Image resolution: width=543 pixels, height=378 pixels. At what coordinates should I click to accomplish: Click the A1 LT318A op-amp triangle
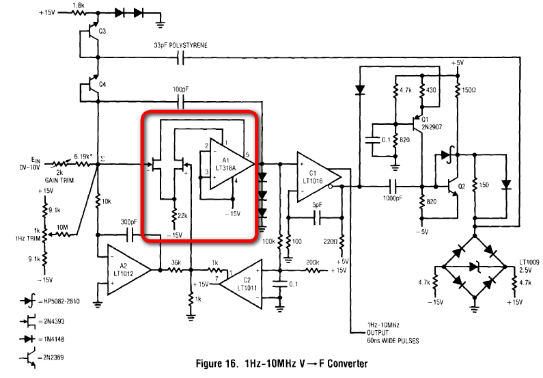[x=229, y=164]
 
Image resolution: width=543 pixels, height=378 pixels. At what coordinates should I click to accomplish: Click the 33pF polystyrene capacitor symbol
[x=180, y=58]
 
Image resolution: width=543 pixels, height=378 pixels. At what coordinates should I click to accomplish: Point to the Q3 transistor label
[x=102, y=31]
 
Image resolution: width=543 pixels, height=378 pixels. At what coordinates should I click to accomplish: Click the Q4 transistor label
[x=102, y=85]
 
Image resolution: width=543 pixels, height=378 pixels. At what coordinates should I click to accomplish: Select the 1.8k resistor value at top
[x=79, y=5]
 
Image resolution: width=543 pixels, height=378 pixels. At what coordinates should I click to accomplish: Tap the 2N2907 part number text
[x=432, y=127]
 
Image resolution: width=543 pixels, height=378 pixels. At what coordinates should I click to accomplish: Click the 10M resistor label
[x=62, y=228]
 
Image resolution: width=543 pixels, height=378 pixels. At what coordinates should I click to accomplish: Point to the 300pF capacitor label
[x=129, y=221]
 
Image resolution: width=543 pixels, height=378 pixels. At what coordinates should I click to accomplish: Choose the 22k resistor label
[x=182, y=215]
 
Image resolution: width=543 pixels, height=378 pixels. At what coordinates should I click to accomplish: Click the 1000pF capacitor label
[x=392, y=198]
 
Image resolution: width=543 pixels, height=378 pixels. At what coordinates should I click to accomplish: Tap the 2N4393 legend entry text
[x=54, y=321]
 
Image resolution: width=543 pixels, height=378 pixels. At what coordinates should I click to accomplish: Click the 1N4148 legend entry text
[x=54, y=339]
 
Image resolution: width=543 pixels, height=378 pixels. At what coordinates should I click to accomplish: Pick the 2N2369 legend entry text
[x=53, y=357]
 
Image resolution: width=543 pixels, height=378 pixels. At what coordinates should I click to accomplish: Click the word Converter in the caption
[x=348, y=364]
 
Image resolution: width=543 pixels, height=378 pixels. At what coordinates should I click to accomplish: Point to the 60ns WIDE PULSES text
[x=393, y=340]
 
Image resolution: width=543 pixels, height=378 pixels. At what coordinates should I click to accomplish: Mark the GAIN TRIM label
[x=59, y=180]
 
